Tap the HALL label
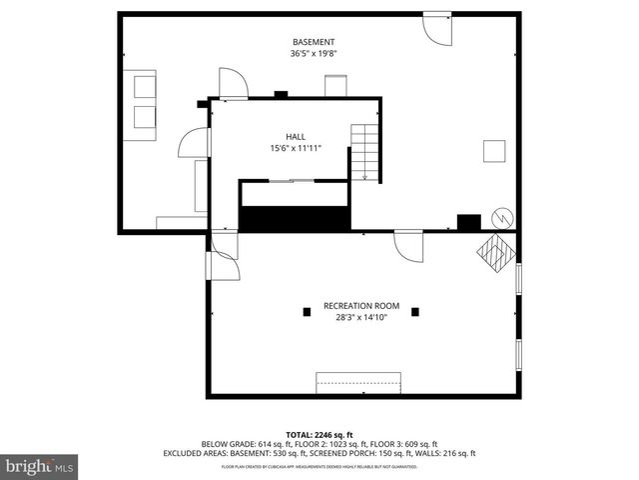[295, 136]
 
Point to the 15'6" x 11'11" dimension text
[295, 149]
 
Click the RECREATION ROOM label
[360, 305]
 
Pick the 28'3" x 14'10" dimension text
[360, 317]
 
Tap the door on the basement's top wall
[436, 27]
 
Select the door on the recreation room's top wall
[408, 245]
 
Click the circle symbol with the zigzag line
[501, 219]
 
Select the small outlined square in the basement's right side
[493, 150]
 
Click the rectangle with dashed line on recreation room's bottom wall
[358, 383]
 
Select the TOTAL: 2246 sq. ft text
[319, 434]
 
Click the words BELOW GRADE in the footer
[227, 444]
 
